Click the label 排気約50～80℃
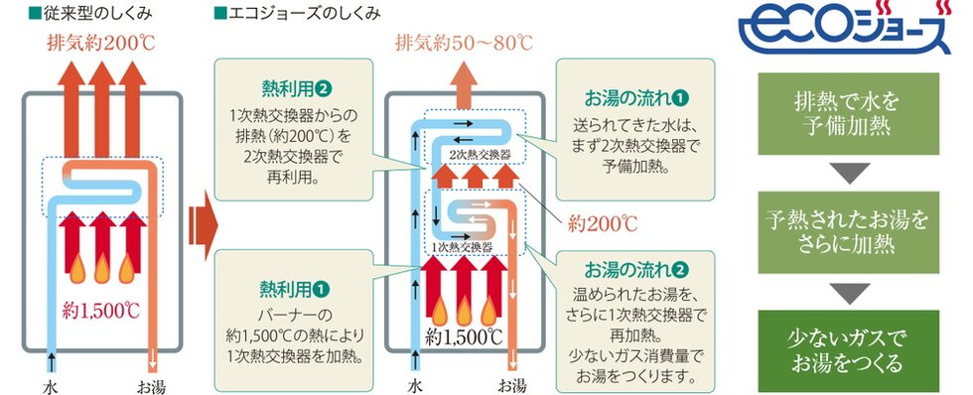point(464,44)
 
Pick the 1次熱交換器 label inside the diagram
point(463,246)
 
